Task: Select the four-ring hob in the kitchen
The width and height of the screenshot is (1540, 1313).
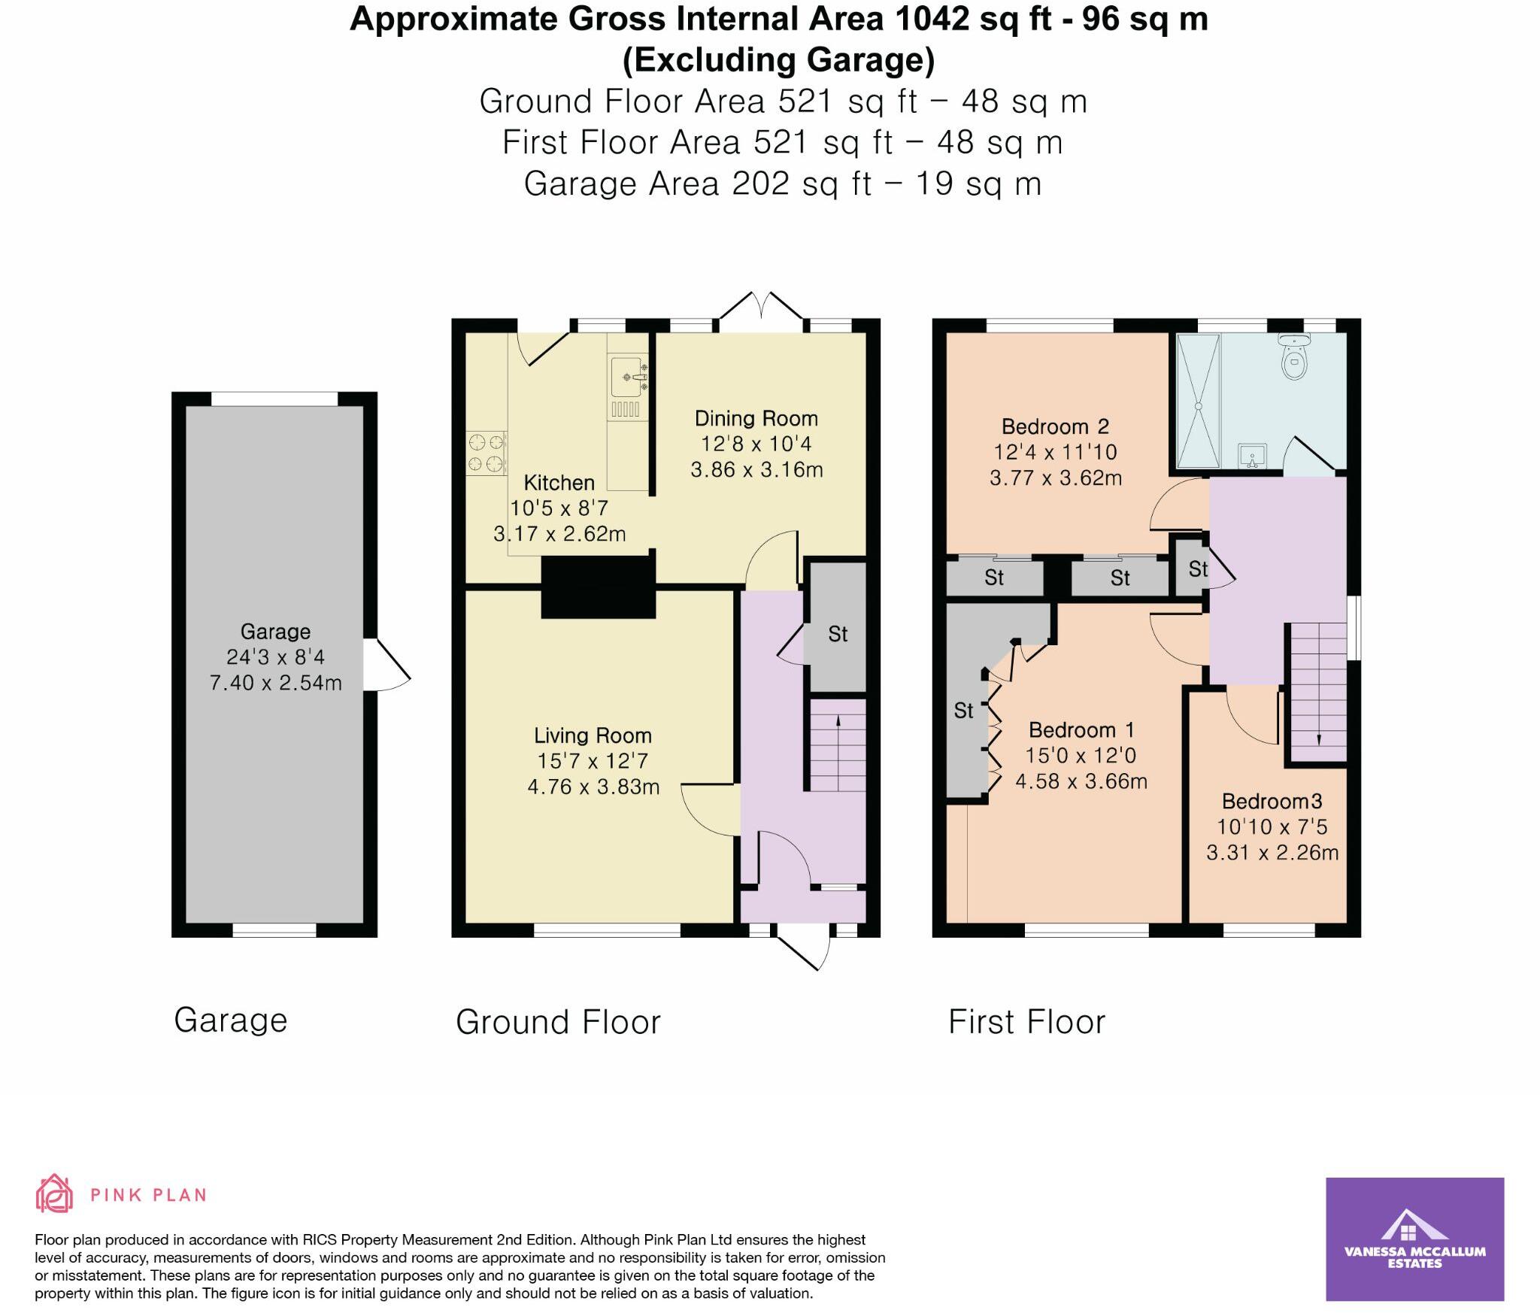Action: click(486, 453)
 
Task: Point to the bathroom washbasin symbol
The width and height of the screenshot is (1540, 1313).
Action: click(1253, 456)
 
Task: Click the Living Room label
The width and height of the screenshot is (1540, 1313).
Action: click(593, 735)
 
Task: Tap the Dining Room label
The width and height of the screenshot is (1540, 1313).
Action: click(756, 419)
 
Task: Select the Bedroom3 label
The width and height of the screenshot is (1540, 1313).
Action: click(1272, 801)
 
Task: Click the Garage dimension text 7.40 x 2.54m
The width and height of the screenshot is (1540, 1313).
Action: click(275, 683)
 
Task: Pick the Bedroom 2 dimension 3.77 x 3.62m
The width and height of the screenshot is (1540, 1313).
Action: click(1056, 478)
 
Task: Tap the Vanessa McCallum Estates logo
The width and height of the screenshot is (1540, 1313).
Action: click(1414, 1239)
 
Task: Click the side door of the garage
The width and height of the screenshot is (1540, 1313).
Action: click(387, 665)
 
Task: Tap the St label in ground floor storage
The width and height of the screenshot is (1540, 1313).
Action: click(838, 635)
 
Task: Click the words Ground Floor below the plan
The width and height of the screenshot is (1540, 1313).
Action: click(558, 1022)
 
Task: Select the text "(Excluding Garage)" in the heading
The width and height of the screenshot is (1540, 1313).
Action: click(778, 60)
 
